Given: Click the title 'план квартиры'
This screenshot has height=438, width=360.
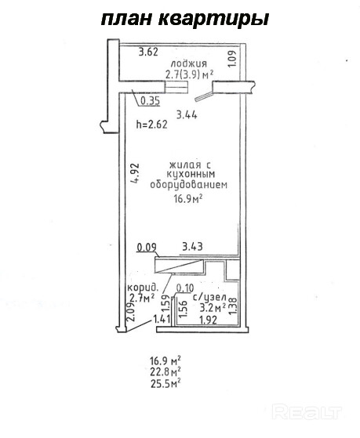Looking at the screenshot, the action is (185, 20).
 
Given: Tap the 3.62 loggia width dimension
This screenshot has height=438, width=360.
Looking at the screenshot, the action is (148, 52).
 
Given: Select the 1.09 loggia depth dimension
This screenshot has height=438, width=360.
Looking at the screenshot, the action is (232, 58).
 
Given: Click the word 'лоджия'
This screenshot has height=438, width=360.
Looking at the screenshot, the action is (188, 63).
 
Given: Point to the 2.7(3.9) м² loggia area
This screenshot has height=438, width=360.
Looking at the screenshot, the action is (190, 74).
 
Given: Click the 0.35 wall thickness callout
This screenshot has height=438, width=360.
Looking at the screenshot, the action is (151, 100).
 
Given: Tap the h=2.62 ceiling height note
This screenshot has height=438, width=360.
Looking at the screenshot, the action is (151, 125).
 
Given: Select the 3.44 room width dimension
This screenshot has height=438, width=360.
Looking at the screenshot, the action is (187, 114).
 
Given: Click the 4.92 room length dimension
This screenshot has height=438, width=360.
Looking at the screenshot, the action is (136, 173).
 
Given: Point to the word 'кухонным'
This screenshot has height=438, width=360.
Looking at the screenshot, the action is (191, 174).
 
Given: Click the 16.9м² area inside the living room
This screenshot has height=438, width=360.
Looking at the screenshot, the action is (188, 199).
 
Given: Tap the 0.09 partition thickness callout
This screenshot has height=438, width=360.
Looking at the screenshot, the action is (147, 248).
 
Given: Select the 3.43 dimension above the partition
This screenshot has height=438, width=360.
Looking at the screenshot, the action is (192, 247).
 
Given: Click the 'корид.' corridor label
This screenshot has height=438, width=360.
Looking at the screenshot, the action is (143, 288).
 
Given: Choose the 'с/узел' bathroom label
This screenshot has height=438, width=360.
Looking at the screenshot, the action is (209, 298).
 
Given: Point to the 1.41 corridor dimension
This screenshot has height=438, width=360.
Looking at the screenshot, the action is (162, 319).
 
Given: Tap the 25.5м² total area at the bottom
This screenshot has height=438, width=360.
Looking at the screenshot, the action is (165, 385).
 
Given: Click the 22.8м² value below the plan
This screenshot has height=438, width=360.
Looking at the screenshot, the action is (165, 373).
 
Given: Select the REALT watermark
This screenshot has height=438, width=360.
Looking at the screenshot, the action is (307, 412).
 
